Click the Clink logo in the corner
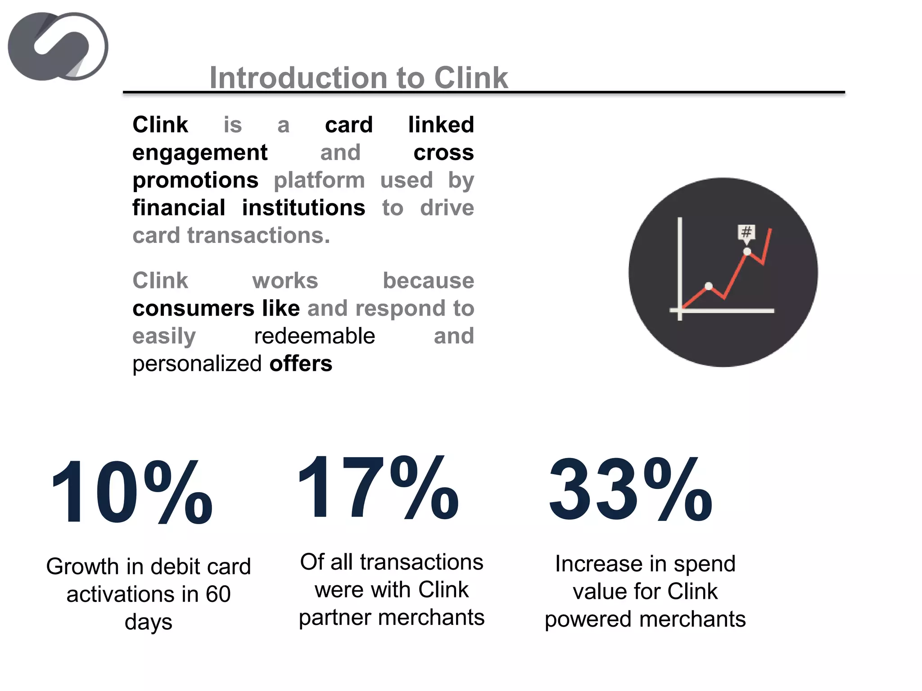click(x=58, y=46)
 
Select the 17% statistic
click(x=378, y=488)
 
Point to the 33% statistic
click(x=630, y=490)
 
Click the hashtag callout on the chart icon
click(x=746, y=232)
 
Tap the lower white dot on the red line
click(x=709, y=286)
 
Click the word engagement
click(x=200, y=153)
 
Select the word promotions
click(x=195, y=180)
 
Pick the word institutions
click(x=303, y=208)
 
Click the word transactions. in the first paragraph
click(x=258, y=236)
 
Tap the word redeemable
click(x=314, y=336)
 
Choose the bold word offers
click(x=301, y=363)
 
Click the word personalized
click(x=197, y=364)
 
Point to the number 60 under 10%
click(x=218, y=594)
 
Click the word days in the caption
click(x=149, y=623)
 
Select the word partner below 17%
click(x=334, y=618)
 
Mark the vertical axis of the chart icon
click(x=680, y=265)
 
